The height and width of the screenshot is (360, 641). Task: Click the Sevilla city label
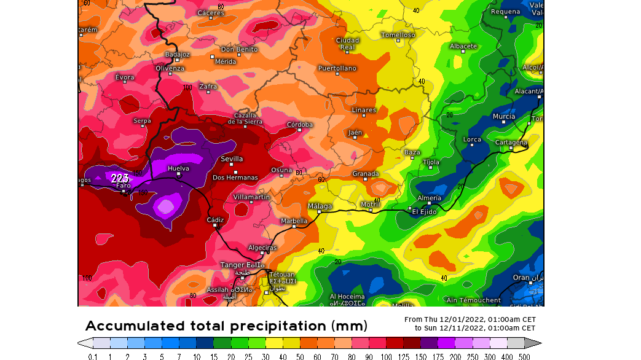(232, 158)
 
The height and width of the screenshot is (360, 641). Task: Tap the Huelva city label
(178, 168)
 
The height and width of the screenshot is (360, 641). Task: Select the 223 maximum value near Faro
(120, 178)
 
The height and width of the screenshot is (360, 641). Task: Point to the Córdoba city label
(299, 125)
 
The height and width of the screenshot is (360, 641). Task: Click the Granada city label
(365, 174)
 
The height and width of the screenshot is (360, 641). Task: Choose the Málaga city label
(320, 206)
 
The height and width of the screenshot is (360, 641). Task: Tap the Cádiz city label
(215, 219)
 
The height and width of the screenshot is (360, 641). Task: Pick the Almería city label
(429, 198)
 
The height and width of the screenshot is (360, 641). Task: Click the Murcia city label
(504, 116)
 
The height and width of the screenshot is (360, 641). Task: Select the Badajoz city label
(177, 54)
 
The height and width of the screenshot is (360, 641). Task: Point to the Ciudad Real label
(347, 44)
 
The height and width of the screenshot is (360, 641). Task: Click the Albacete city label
(463, 46)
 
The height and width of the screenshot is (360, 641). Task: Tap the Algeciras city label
(262, 248)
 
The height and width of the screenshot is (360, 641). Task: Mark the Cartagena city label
(511, 143)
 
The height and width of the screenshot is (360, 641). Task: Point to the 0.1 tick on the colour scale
(93, 356)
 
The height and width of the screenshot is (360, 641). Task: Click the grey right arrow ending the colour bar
(533, 343)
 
